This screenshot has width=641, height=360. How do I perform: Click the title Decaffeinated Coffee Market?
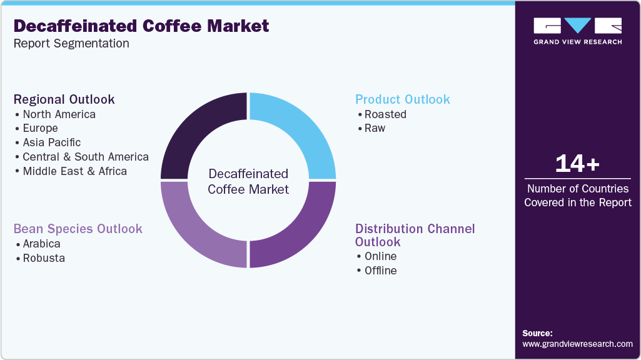pyautogui.click(x=141, y=26)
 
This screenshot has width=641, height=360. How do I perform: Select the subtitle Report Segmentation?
pyautogui.click(x=71, y=44)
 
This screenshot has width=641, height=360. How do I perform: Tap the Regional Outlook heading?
pyautogui.click(x=64, y=99)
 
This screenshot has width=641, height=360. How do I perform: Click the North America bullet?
pyautogui.click(x=59, y=114)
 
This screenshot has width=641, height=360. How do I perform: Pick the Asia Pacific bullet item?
pyautogui.click(x=51, y=142)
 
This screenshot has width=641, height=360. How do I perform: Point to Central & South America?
pyautogui.click(x=85, y=157)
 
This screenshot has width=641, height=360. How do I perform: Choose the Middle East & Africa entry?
pyautogui.click(x=74, y=171)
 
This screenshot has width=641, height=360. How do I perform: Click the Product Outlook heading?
pyautogui.click(x=402, y=99)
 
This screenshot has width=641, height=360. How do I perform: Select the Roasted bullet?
pyautogui.click(x=385, y=114)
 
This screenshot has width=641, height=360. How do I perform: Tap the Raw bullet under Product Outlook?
pyautogui.click(x=375, y=128)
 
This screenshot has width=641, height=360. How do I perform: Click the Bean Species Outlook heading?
pyautogui.click(x=78, y=229)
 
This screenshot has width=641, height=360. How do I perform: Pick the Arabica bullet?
pyautogui.click(x=41, y=244)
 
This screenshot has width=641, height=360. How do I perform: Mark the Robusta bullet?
pyautogui.click(x=43, y=257)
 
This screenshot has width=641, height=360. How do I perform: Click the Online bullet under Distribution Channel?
pyautogui.click(x=380, y=256)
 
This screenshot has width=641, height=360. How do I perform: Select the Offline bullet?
pyautogui.click(x=380, y=271)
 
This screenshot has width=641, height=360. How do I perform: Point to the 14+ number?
pyautogui.click(x=577, y=164)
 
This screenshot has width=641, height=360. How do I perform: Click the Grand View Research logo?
pyautogui.click(x=577, y=31)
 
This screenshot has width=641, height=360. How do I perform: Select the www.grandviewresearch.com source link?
pyautogui.click(x=577, y=344)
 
